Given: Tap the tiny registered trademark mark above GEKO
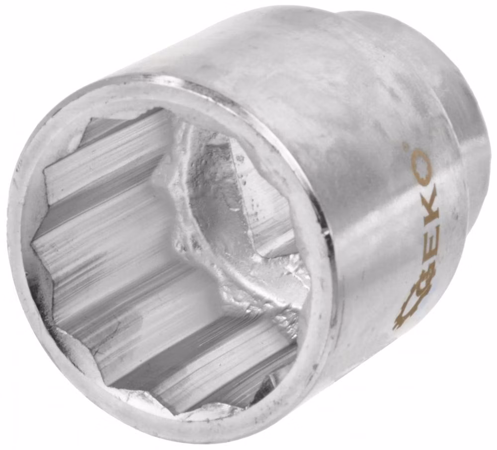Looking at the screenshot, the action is pyautogui.click(x=405, y=145).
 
